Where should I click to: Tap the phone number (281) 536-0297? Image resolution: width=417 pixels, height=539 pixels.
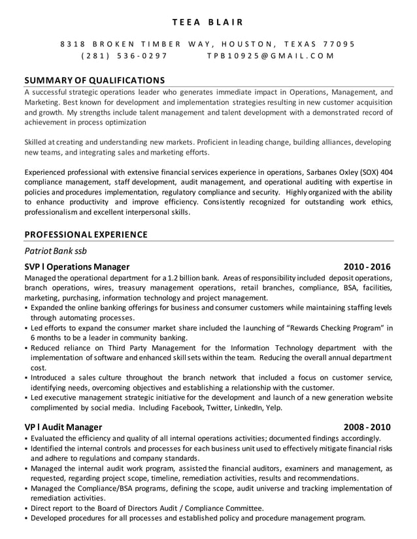coord(124,56)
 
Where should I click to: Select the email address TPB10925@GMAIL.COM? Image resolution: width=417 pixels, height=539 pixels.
coord(270,56)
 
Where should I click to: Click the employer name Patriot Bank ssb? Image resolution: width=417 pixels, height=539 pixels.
coord(56,251)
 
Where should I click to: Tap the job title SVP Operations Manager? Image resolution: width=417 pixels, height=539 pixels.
coord(77,267)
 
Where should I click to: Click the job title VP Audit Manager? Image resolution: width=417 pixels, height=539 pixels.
coord(63,427)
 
